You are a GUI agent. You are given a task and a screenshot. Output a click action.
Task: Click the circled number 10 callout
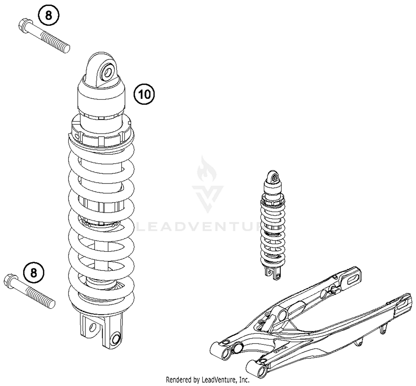click(x=144, y=94)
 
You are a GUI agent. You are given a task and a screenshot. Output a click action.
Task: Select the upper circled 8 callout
click(x=49, y=15)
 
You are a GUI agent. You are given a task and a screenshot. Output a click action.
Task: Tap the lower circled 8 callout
click(x=34, y=273)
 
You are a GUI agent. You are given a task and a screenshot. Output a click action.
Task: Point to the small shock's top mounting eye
click(x=275, y=176)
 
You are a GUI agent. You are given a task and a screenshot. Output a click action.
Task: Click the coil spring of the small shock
click(x=272, y=231)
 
